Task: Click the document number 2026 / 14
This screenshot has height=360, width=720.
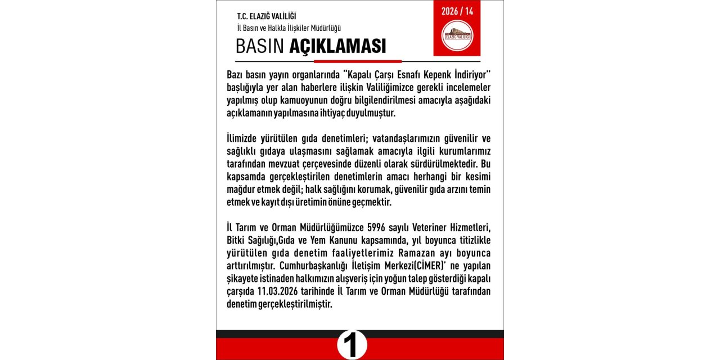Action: click(457, 11)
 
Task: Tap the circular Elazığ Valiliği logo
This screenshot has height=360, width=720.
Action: click(457, 35)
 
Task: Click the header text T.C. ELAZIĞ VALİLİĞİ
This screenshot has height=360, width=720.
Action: click(267, 16)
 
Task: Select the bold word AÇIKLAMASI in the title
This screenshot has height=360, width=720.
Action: click(337, 46)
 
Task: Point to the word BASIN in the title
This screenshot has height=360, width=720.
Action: click(260, 46)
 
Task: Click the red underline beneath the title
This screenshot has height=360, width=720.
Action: click(357, 61)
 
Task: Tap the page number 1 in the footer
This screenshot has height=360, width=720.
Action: click(352, 345)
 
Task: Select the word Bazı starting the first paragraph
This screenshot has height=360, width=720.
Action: click(237, 75)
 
